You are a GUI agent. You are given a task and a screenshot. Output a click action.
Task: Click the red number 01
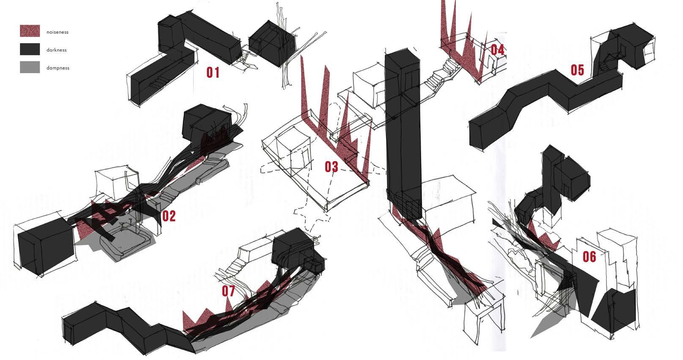213,73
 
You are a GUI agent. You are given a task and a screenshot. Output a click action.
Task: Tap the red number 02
168,216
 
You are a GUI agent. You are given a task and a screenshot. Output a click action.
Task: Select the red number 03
332,167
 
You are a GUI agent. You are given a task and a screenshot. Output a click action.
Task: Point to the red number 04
497,50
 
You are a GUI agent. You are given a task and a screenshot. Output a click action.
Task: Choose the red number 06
589,256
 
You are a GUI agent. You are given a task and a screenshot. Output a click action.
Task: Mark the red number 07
228,291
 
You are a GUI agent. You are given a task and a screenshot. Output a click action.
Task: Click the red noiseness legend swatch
30,31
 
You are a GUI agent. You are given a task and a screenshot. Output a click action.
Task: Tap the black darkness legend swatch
30,49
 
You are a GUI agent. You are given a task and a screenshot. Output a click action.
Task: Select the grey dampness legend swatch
30,67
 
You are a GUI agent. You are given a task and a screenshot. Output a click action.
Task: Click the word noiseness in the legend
57,32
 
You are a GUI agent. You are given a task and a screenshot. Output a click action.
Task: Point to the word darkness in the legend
57,50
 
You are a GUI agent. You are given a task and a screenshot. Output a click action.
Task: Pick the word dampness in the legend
58,68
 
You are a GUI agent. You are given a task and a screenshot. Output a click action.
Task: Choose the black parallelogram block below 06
614,311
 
